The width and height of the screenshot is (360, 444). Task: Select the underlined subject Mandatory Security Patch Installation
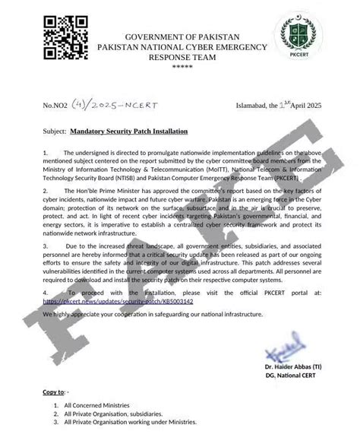pos(133,131)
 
